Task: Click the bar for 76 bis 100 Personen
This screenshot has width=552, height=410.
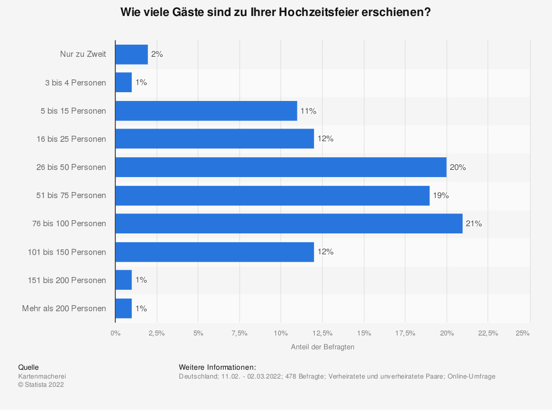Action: click(x=289, y=223)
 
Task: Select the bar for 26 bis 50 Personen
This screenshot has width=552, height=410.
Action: click(x=280, y=167)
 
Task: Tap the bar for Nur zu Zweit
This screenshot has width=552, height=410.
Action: click(x=131, y=55)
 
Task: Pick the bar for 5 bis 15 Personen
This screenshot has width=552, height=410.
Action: click(x=206, y=111)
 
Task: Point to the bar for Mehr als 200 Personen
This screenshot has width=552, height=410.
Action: click(x=124, y=308)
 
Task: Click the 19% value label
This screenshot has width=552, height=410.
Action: click(x=441, y=195)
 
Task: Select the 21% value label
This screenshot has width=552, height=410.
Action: click(x=474, y=223)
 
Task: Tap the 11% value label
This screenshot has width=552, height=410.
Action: click(x=309, y=111)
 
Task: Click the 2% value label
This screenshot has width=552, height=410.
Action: click(x=157, y=55)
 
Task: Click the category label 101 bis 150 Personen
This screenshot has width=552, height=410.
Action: click(x=67, y=252)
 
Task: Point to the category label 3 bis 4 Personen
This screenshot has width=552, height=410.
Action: click(x=76, y=83)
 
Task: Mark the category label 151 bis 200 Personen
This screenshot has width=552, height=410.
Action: click(x=67, y=280)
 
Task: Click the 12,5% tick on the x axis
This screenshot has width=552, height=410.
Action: click(x=322, y=333)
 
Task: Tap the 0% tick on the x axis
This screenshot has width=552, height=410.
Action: click(x=115, y=333)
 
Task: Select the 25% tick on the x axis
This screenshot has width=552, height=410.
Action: click(x=522, y=333)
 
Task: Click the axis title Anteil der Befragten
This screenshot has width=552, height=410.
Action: click(x=322, y=347)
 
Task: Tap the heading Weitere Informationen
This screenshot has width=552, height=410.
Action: click(x=217, y=367)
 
